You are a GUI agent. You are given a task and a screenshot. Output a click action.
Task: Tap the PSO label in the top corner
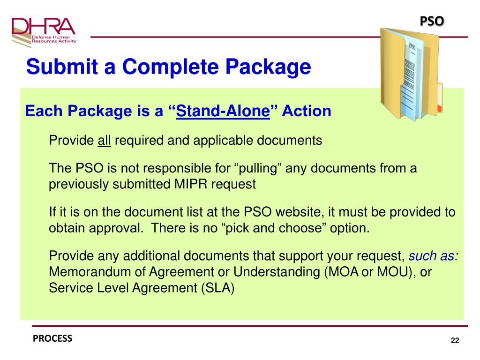pyautogui.click(x=431, y=21)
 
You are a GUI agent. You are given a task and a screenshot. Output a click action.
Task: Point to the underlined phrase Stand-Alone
pyautogui.click(x=224, y=111)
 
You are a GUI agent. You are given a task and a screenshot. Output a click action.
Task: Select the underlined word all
pyautogui.click(x=104, y=140)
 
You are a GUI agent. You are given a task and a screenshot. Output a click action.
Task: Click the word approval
pyautogui.click(x=113, y=228)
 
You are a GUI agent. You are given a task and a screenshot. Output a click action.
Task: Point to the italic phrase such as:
pyautogui.click(x=434, y=256)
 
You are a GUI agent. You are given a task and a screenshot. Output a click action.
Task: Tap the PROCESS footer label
pyautogui.click(x=52, y=338)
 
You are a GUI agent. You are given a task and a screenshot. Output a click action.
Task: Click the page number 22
pyautogui.click(x=454, y=340)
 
